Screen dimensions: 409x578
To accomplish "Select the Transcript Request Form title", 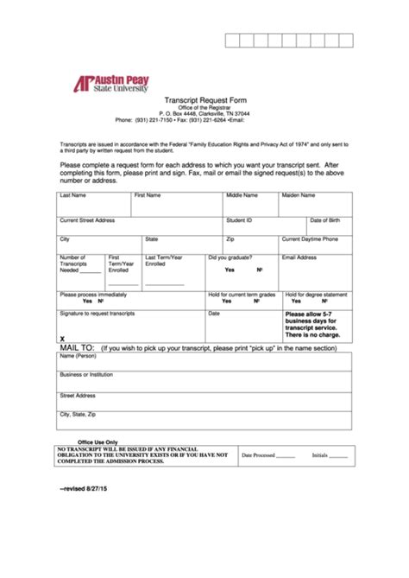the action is coord(204,99).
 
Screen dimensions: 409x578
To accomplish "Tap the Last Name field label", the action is coord(72,195).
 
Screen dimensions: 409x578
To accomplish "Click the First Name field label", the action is coord(148,195).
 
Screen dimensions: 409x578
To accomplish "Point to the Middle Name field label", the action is coord(242,195).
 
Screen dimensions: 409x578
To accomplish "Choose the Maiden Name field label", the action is coord(299,195).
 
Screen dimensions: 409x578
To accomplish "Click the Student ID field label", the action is coord(239,220).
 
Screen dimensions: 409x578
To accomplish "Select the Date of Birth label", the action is coord(325,220).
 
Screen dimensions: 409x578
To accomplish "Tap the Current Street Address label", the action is coord(87,220).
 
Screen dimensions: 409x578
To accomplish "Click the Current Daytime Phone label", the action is coord(310,238).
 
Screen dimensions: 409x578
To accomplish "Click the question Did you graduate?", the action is coord(229,257).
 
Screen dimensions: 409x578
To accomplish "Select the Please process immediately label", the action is coord(92,294).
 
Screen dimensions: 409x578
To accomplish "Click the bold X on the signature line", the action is coord(62,340).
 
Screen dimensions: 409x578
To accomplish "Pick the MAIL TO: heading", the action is coord(77,348).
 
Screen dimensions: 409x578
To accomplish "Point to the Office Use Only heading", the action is coord(98,441).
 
